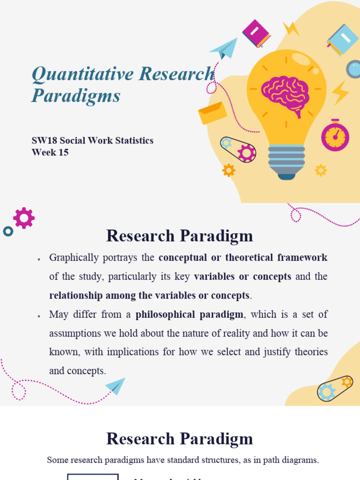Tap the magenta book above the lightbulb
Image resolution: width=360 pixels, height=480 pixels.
[x=256, y=33]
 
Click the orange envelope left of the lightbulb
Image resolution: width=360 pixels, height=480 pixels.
[x=212, y=113]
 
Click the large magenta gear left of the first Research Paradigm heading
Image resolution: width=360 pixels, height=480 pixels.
[x=24, y=218]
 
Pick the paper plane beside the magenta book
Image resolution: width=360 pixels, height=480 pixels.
[x=224, y=48]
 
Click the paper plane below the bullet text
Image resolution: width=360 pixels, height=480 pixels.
[x=116, y=386]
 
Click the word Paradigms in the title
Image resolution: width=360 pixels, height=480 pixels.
[x=76, y=96]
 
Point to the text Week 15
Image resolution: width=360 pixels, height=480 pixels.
[x=50, y=152]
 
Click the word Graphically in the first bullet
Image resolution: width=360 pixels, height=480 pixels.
[x=74, y=258]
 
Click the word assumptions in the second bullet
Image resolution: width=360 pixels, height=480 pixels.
[x=72, y=333]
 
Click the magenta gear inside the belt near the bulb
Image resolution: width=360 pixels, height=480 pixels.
[x=246, y=153]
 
